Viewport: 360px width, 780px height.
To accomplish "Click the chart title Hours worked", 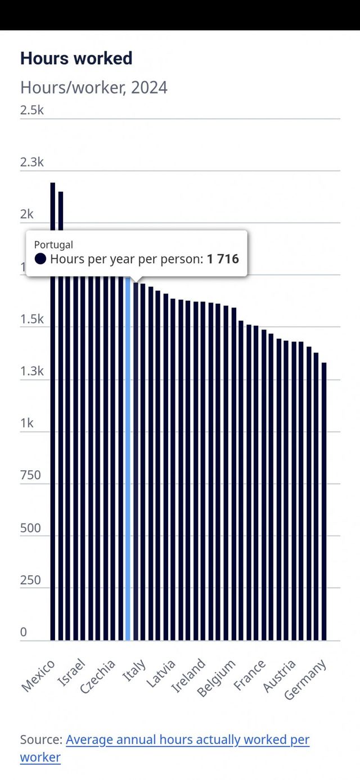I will pos(76,58).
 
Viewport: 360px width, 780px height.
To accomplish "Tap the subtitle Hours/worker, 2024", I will pos(93,88).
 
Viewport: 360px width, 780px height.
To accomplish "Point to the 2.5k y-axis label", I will pos(31,110).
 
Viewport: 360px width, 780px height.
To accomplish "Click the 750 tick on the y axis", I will pos(30,475).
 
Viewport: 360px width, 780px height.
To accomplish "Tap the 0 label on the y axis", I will pos(24,632).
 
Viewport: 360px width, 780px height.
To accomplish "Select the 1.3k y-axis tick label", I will pos(31,371).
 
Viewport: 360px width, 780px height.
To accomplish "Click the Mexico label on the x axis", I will pos(38,675).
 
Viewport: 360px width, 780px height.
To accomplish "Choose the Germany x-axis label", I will pos(305,680).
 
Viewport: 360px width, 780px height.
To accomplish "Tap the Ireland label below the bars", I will pos(188,675).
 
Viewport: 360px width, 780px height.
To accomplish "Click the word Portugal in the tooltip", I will pos(53,245).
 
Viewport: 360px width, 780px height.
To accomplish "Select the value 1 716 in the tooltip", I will pos(223,259).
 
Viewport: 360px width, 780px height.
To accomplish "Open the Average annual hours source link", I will pos(187,740).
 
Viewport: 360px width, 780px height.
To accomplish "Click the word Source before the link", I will pos(40,740).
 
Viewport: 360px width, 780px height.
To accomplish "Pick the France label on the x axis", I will pos(250,675).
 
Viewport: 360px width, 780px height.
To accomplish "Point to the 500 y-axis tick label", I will pos(30,528).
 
